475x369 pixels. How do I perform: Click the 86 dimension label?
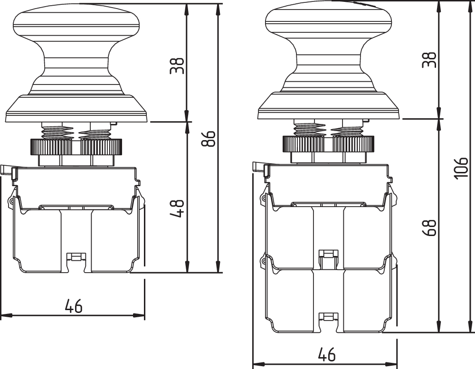pos(209,139)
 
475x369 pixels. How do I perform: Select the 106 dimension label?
pos(461,168)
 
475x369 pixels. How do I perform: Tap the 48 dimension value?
pos(177,208)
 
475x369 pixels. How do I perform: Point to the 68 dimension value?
pos(429,228)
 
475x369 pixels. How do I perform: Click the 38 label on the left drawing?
pos(177,66)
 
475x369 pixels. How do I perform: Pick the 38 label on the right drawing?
pos(429,60)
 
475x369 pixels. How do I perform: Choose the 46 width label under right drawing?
pos(327,354)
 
